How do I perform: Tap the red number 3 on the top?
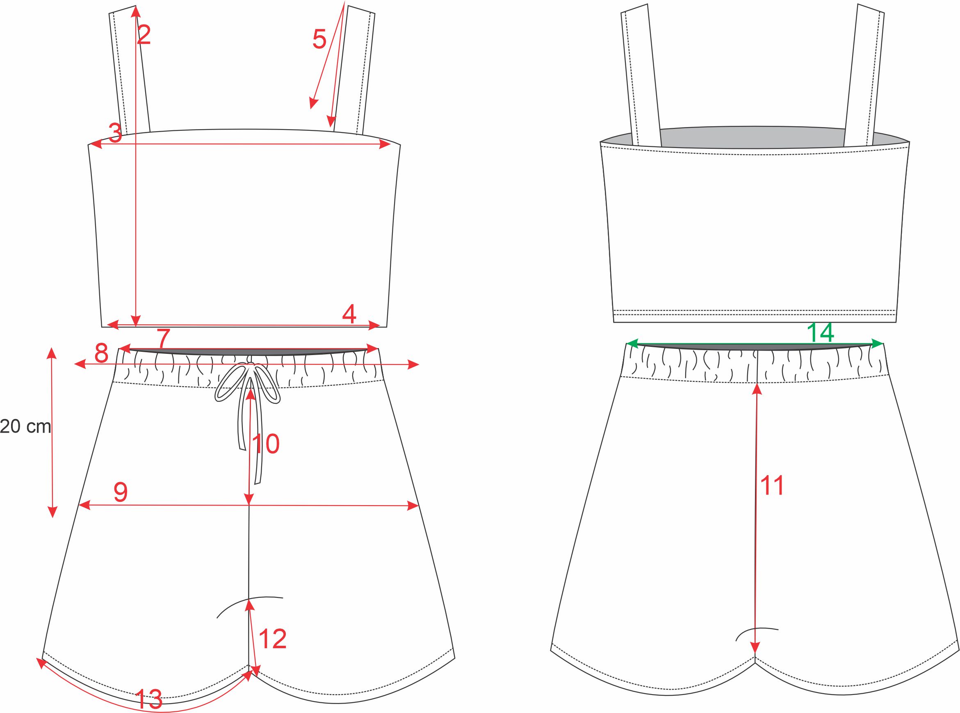point(115,133)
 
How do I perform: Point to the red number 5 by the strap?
point(319,39)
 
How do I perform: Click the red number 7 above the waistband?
point(164,339)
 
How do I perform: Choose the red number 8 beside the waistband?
point(101,353)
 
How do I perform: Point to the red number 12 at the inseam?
point(273,639)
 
